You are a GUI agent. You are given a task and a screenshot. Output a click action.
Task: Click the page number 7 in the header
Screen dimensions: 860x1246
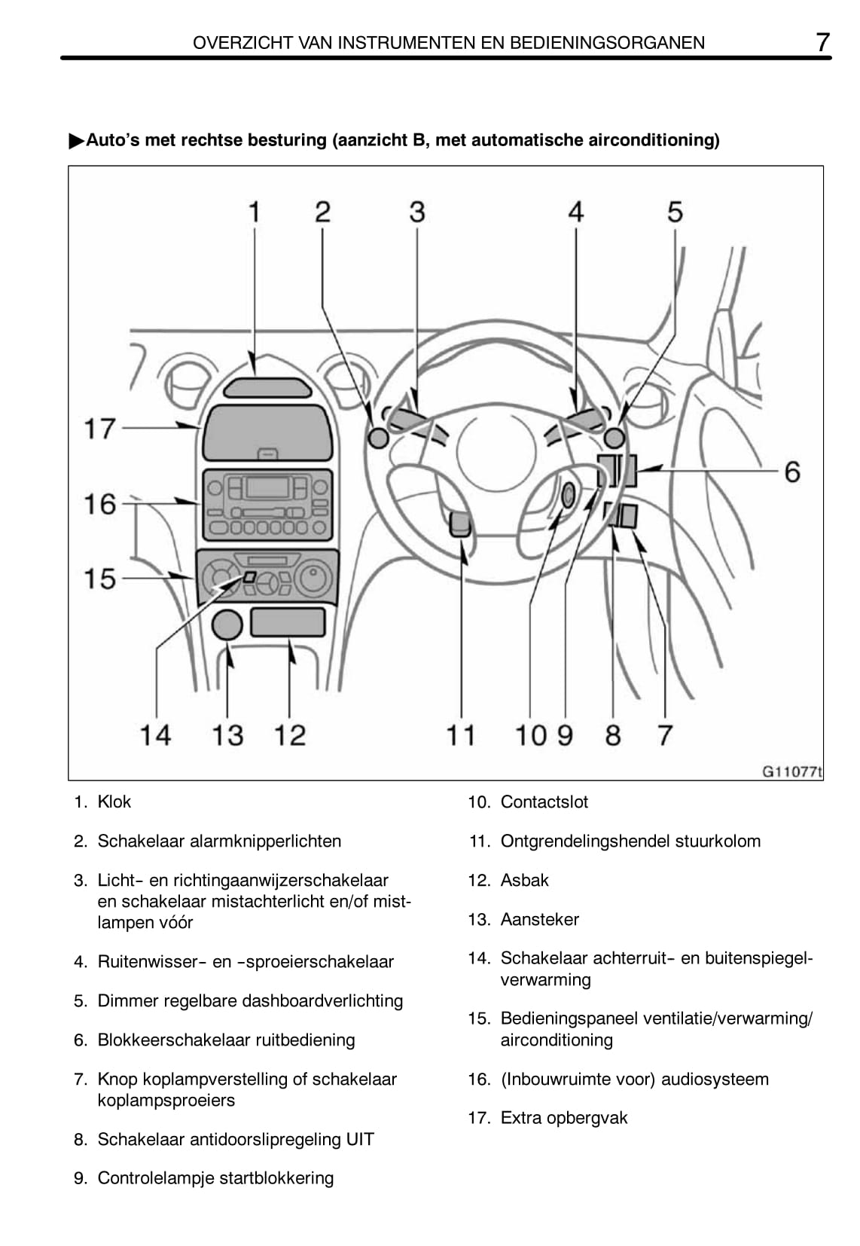point(823,42)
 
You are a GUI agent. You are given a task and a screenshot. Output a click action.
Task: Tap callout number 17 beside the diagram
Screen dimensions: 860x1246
point(99,429)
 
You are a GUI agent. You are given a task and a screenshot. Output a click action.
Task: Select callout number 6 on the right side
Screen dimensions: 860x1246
point(792,472)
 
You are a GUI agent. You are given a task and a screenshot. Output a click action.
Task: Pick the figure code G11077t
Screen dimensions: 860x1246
point(791,771)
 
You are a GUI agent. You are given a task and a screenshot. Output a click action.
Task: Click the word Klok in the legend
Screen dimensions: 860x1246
point(114,802)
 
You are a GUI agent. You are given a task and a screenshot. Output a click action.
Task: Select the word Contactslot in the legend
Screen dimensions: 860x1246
point(544,802)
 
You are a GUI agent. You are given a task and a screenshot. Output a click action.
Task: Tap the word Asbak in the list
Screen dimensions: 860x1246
point(524,880)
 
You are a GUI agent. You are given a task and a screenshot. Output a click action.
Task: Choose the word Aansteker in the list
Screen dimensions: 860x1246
point(540,919)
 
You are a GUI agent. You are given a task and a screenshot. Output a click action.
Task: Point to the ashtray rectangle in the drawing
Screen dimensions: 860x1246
point(288,622)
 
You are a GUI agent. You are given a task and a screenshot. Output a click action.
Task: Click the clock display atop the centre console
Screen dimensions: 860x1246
point(268,388)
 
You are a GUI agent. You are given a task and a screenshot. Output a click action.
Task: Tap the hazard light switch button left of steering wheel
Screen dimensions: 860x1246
point(379,438)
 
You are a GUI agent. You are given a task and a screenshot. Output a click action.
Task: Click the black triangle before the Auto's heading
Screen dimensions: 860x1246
point(77,142)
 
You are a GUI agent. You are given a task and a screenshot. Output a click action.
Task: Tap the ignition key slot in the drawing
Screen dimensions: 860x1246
point(568,494)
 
